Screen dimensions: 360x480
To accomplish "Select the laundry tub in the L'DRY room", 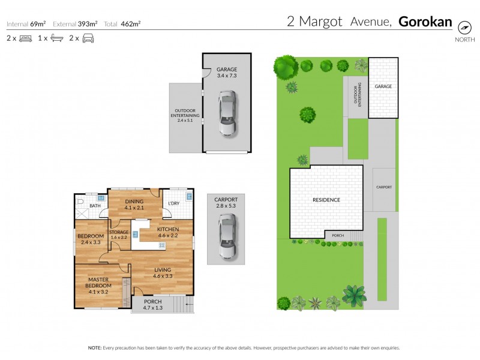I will [x=188, y=197].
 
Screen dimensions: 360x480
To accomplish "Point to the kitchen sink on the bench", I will [x=136, y=235].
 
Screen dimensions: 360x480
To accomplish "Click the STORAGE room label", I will [x=118, y=235].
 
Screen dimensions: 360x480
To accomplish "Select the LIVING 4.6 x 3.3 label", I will [x=162, y=273].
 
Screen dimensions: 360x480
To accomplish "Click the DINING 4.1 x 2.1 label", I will [x=135, y=205].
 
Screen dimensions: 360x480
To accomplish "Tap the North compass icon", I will [x=464, y=28].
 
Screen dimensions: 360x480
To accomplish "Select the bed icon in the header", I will [x=25, y=38].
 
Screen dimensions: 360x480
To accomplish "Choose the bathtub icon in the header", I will [x=56, y=38].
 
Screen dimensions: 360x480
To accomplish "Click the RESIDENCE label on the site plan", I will [x=326, y=200].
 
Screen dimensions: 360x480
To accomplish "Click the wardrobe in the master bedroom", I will [x=126, y=292].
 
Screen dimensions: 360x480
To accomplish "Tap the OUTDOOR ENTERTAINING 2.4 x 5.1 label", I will [x=185, y=115].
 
